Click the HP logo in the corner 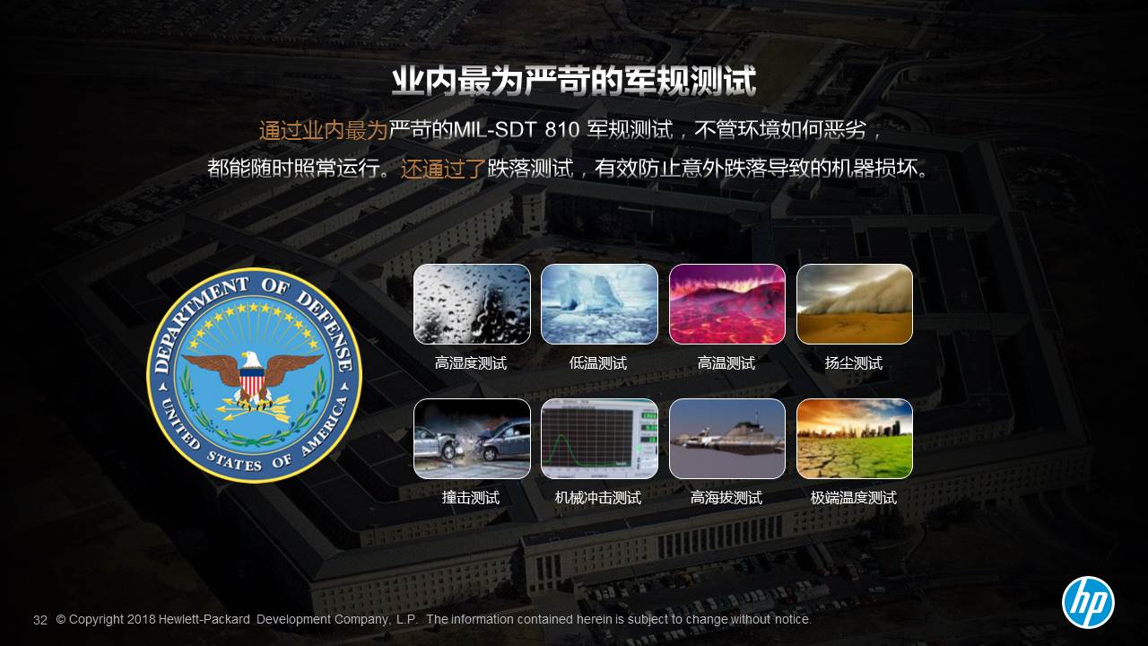pyautogui.click(x=1088, y=602)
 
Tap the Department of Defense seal pyautogui.click(x=254, y=375)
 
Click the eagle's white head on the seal pyautogui.click(x=250, y=360)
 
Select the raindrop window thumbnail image pyautogui.click(x=472, y=304)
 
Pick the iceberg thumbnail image pyautogui.click(x=599, y=304)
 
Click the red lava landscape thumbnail pyautogui.click(x=727, y=304)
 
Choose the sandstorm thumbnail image pyautogui.click(x=855, y=304)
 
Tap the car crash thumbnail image pyautogui.click(x=472, y=439)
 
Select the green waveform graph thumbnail pyautogui.click(x=599, y=439)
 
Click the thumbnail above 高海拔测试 pyautogui.click(x=727, y=439)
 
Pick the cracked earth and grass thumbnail pyautogui.click(x=855, y=439)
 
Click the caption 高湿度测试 pyautogui.click(x=471, y=363)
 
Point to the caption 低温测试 pyautogui.click(x=598, y=363)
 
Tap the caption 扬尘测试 pyautogui.click(x=853, y=363)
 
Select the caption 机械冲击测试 pyautogui.click(x=598, y=497)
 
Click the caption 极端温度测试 pyautogui.click(x=853, y=497)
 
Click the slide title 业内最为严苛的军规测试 pyautogui.click(x=574, y=81)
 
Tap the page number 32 pyautogui.click(x=40, y=620)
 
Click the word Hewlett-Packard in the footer pyautogui.click(x=204, y=619)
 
